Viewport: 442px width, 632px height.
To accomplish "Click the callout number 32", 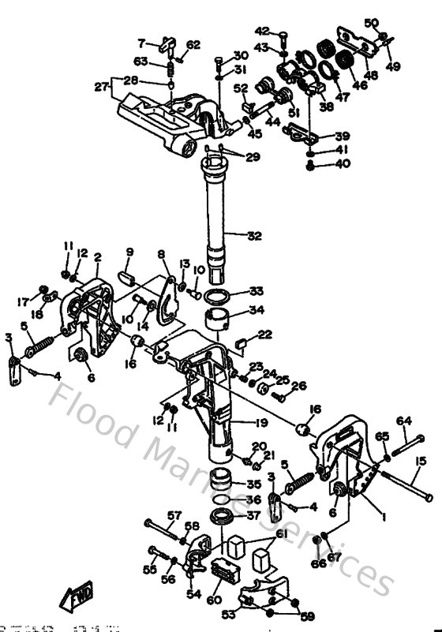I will (x=255, y=234).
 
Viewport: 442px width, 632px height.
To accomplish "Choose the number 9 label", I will (x=130, y=252).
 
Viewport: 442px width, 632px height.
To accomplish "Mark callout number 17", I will (x=23, y=301).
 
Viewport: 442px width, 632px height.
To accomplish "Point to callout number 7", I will (x=142, y=43).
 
